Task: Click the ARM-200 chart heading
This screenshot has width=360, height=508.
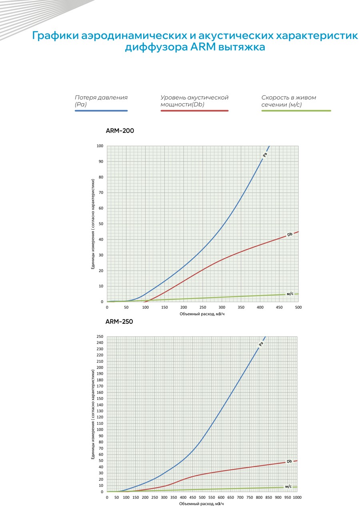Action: tap(120, 131)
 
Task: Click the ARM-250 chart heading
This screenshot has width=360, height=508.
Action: tap(119, 321)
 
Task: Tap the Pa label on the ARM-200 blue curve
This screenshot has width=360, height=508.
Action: tap(265, 155)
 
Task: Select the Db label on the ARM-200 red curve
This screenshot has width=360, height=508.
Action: tap(290, 235)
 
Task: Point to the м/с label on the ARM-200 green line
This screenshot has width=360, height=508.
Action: tap(290, 294)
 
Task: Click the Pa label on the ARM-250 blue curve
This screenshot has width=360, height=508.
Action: tap(261, 344)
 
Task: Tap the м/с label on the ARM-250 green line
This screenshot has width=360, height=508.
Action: tap(288, 486)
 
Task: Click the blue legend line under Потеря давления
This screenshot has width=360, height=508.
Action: tap(101, 110)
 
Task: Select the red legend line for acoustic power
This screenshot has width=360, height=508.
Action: tap(195, 110)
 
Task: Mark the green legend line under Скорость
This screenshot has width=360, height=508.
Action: tap(296, 110)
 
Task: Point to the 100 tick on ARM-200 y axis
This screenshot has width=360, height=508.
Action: tap(100, 146)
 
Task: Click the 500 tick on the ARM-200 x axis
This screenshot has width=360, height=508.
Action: tap(298, 307)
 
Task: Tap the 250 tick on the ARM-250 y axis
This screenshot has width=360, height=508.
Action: tap(100, 337)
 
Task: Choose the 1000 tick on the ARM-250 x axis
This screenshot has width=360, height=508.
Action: tap(297, 497)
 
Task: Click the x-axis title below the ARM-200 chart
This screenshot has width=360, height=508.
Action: tap(202, 314)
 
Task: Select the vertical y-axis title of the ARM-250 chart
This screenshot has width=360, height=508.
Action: tap(93, 411)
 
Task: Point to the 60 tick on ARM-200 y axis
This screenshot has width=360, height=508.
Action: tap(101, 208)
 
